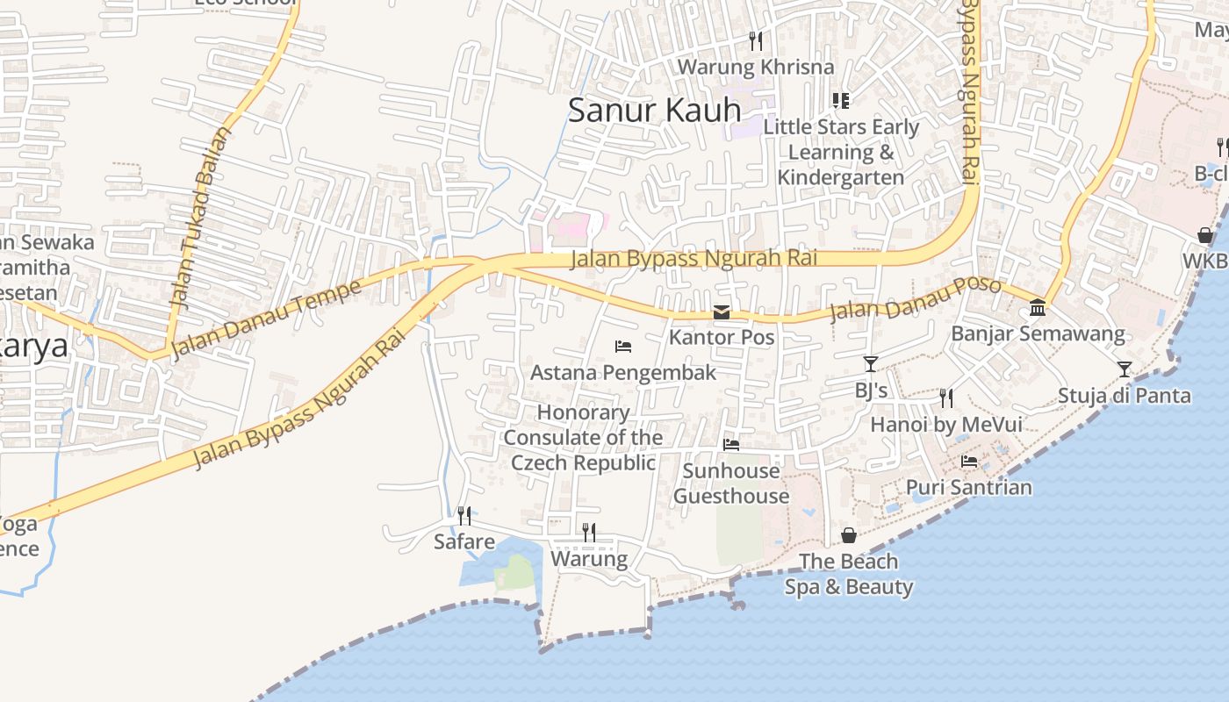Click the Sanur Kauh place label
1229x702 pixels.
(654, 110)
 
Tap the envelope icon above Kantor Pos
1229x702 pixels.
(722, 312)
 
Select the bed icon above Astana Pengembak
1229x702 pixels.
(623, 347)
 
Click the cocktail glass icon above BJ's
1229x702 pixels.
(871, 364)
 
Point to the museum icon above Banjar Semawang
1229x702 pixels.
(1038, 308)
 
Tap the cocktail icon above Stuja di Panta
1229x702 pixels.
(1125, 369)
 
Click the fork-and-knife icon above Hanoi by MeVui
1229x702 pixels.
(946, 398)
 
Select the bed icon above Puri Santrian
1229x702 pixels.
(969, 461)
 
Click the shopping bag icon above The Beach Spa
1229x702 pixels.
(849, 535)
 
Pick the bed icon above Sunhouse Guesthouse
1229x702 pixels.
(730, 445)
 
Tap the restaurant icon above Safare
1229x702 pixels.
(464, 515)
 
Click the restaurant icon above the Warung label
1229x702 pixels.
(589, 533)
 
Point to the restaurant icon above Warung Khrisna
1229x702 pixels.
(756, 40)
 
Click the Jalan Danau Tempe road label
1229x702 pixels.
(266, 319)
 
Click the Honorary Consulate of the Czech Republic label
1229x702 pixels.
(584, 437)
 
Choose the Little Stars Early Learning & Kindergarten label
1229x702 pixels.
(841, 152)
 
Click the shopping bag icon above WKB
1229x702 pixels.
(1205, 235)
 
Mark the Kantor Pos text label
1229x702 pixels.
(722, 337)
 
